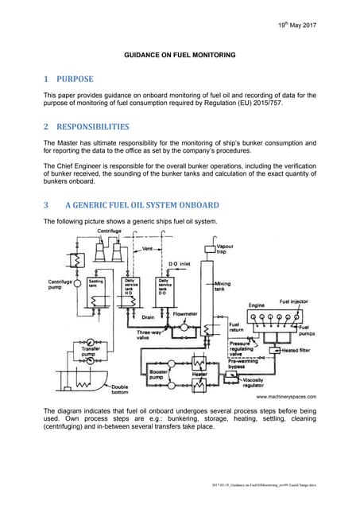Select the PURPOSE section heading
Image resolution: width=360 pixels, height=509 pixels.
point(73,80)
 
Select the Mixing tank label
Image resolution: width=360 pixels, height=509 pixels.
point(222,286)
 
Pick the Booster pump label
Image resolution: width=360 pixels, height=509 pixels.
point(159,373)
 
